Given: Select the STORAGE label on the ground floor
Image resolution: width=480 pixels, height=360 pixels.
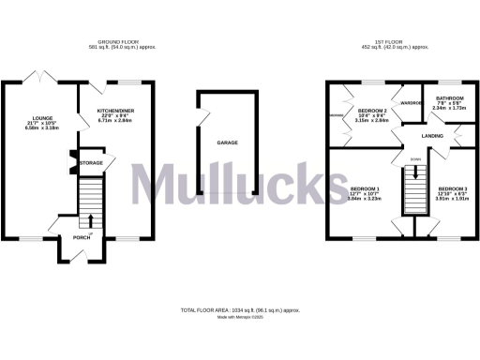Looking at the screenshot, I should point(90,162).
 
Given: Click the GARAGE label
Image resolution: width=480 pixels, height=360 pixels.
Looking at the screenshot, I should point(227,142).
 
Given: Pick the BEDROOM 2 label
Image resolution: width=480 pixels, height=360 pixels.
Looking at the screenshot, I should point(371,111).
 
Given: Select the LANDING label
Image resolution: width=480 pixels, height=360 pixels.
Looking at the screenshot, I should point(432,137).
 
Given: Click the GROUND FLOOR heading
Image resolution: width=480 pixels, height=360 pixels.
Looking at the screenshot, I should point(119,42).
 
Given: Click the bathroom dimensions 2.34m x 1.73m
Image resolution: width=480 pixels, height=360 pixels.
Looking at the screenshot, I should point(449,108).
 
